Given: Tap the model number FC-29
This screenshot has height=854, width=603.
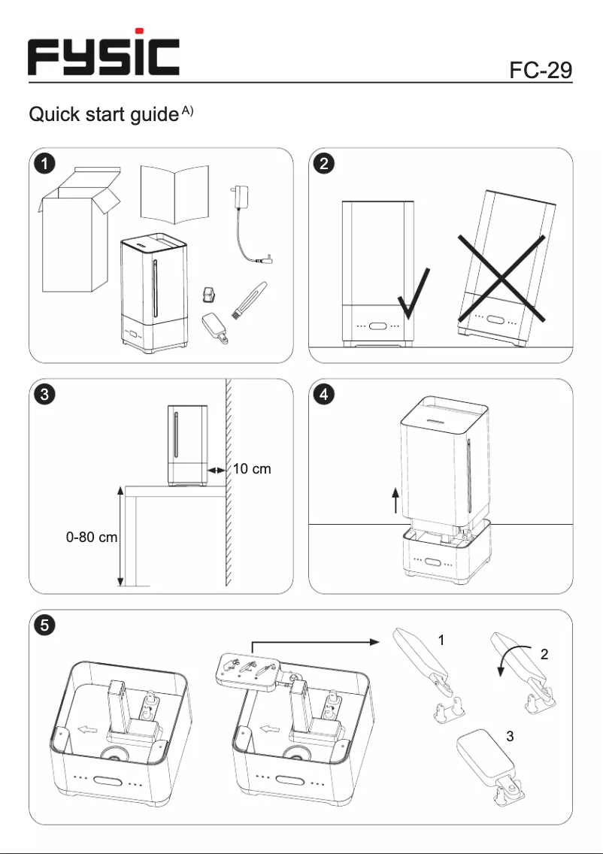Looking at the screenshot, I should [541, 70].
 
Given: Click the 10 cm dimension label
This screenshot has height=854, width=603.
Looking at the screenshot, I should [251, 469].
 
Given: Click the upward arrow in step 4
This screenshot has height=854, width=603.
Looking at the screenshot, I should [395, 498].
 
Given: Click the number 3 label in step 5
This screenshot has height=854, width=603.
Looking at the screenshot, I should [510, 737].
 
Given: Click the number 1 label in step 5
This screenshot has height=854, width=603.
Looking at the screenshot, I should [442, 640].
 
